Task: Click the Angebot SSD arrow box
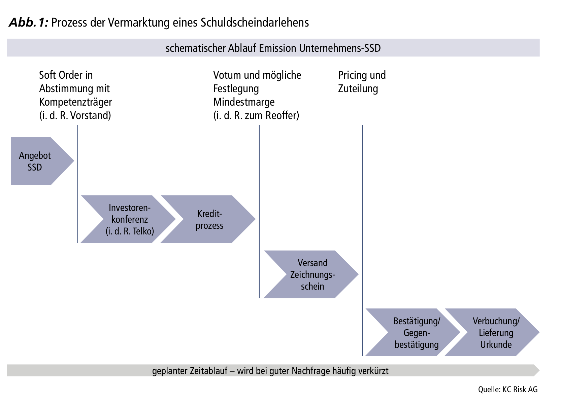point(40,161)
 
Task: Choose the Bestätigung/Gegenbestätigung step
point(413,332)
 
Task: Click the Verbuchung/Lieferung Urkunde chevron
point(492,332)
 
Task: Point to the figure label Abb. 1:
point(29,22)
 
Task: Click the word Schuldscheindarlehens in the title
point(255,22)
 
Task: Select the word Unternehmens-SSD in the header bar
point(340,48)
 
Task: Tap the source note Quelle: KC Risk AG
point(508,389)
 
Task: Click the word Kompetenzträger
point(75,102)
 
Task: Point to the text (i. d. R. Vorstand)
point(75,115)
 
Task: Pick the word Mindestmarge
point(244,102)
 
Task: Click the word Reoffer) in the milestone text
point(282,115)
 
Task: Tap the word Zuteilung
point(358,88)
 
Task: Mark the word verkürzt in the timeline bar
point(373,370)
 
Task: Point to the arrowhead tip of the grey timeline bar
point(539,370)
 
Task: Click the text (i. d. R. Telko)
point(130,231)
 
